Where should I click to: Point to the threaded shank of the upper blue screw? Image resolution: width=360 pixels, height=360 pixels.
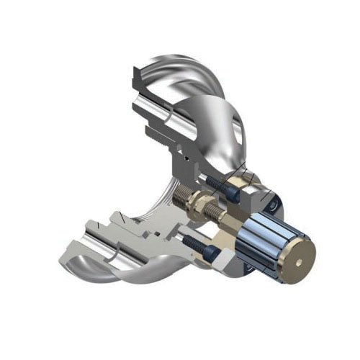pyautogui.click(x=215, y=181)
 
